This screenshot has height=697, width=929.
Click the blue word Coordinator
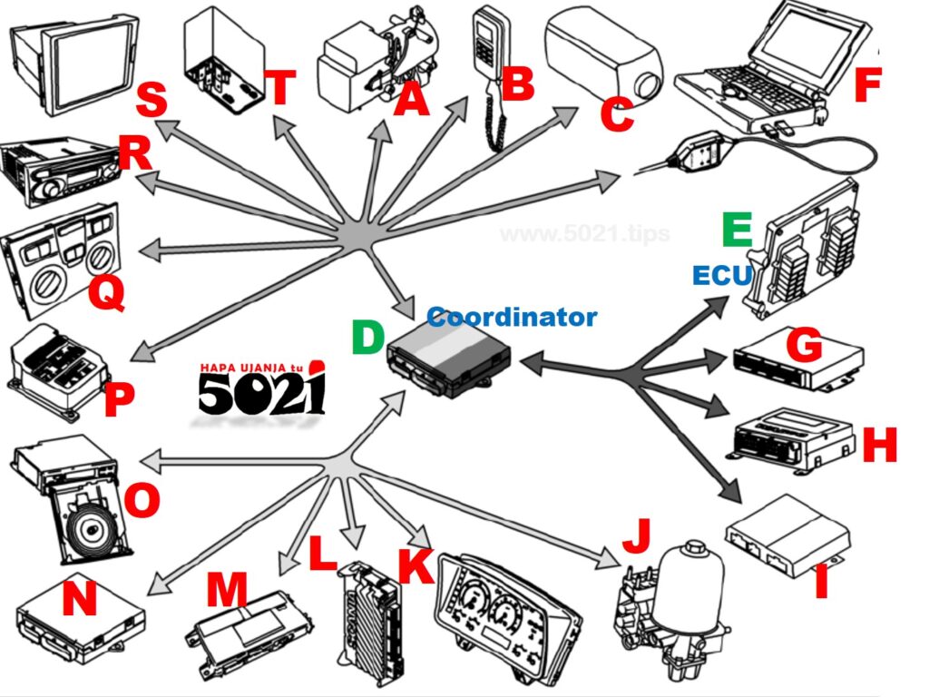click(x=512, y=318)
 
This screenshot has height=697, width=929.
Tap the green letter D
click(x=369, y=337)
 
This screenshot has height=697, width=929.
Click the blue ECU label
click(x=723, y=275)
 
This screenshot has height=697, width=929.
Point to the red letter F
click(x=868, y=85)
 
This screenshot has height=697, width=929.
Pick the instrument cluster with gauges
click(x=508, y=608)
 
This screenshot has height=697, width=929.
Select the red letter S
click(x=151, y=101)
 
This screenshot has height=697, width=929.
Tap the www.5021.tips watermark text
click(x=584, y=234)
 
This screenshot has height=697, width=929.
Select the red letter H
click(x=879, y=446)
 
